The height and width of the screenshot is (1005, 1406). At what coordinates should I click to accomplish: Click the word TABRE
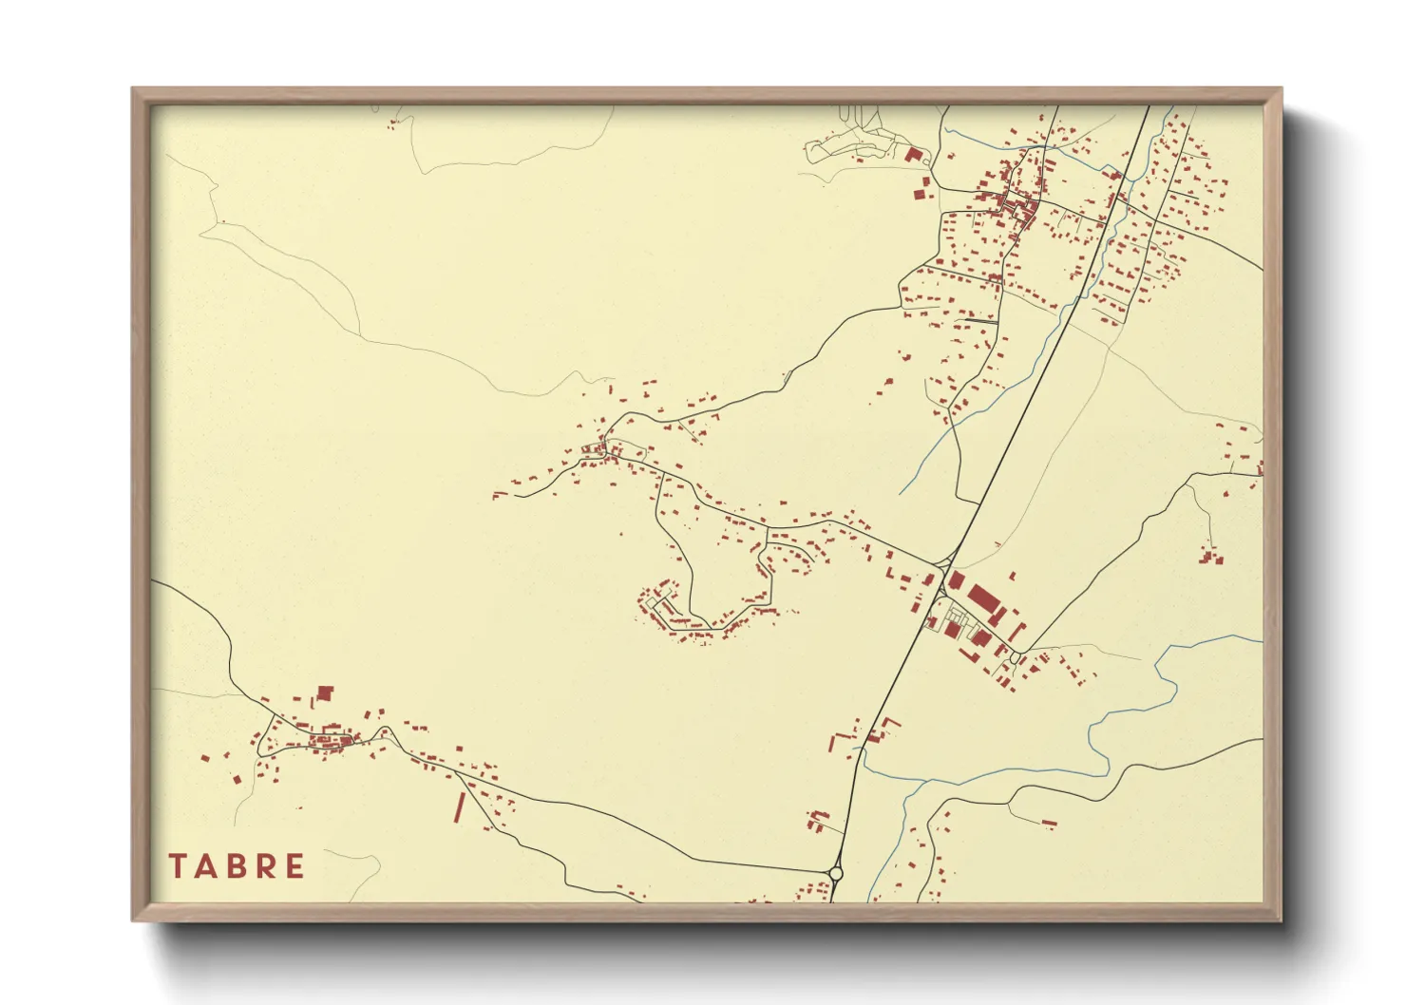pyautogui.click(x=237, y=866)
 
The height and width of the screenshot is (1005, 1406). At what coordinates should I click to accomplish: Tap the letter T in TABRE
pyautogui.click(x=177, y=866)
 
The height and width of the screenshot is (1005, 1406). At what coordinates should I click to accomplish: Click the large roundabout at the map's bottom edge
pyautogui.click(x=836, y=873)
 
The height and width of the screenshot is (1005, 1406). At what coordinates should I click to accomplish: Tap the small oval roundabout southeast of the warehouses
pyautogui.click(x=1015, y=657)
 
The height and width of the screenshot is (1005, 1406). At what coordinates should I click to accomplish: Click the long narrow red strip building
pyautogui.click(x=460, y=806)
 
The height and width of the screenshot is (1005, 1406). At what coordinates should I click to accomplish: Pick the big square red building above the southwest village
pyautogui.click(x=325, y=693)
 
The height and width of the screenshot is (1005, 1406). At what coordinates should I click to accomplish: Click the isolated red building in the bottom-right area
pyautogui.click(x=1049, y=823)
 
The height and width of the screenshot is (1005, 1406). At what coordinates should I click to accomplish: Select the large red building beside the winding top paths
pyautogui.click(x=914, y=155)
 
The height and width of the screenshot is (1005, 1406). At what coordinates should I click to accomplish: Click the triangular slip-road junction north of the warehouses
pyautogui.click(x=947, y=560)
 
